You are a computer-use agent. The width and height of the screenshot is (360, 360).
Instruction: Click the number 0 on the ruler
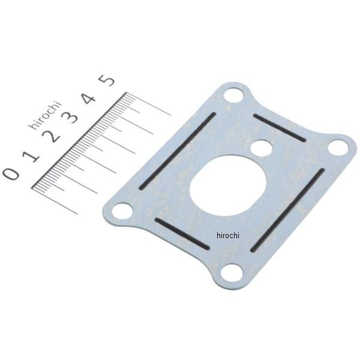[11, 173]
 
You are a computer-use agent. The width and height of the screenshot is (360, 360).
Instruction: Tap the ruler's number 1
[31, 157]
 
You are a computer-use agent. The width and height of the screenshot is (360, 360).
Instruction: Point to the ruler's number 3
[70, 118]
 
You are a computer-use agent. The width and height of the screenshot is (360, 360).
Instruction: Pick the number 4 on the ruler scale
[89, 99]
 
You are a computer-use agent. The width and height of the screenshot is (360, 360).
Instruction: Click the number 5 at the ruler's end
[107, 80]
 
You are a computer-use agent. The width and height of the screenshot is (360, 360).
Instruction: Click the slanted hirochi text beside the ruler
[45, 115]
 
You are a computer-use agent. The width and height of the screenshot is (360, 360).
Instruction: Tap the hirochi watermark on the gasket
[228, 236]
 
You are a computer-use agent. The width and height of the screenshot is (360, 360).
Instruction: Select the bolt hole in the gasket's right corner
[338, 148]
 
